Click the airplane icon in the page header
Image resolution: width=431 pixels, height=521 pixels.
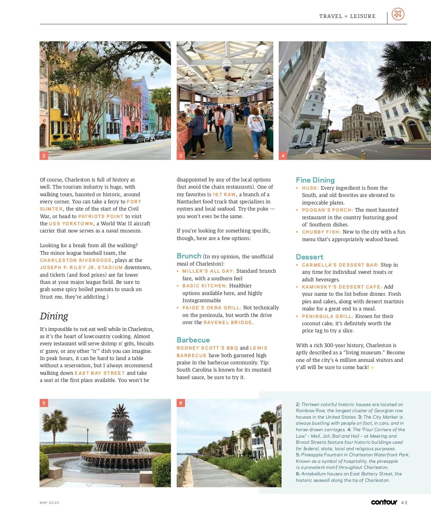[398, 14]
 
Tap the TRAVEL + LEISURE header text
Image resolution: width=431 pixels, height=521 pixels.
[347, 16]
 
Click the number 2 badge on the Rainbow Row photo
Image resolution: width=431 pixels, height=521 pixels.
[44, 156]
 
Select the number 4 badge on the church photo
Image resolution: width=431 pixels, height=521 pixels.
[283, 156]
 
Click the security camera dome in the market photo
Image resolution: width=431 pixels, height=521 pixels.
[227, 65]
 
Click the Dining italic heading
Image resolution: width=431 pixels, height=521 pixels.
[54, 316]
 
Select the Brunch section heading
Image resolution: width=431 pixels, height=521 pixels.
[189, 256]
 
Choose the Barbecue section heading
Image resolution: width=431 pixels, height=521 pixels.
[193, 340]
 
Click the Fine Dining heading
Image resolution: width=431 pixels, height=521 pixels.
[315, 180]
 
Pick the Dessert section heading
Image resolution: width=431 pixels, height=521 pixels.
[309, 257]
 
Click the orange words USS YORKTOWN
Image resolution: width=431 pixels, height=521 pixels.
[71, 223]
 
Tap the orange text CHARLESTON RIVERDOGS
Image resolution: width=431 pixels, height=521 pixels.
[76, 260]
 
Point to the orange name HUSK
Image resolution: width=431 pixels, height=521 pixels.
[310, 188]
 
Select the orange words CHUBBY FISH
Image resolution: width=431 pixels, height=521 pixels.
[321, 232]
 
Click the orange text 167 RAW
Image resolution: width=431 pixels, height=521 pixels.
[224, 194]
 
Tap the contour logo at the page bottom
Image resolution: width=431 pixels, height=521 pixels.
[384, 502]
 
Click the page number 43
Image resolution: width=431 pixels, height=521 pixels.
[404, 502]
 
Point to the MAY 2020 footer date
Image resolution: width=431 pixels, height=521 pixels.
[49, 503]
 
